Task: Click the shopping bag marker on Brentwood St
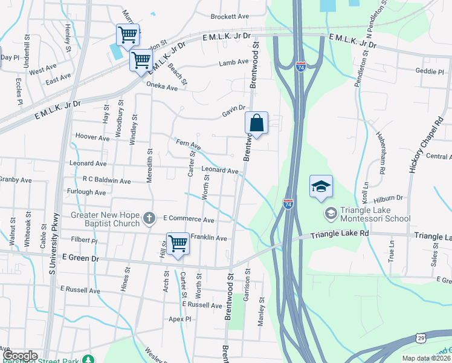(x=257, y=123)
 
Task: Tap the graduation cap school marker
(x=321, y=186)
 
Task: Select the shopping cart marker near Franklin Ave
(x=178, y=244)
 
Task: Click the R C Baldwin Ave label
(x=107, y=180)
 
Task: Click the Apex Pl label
(x=179, y=319)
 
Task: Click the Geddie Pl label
(x=430, y=71)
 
